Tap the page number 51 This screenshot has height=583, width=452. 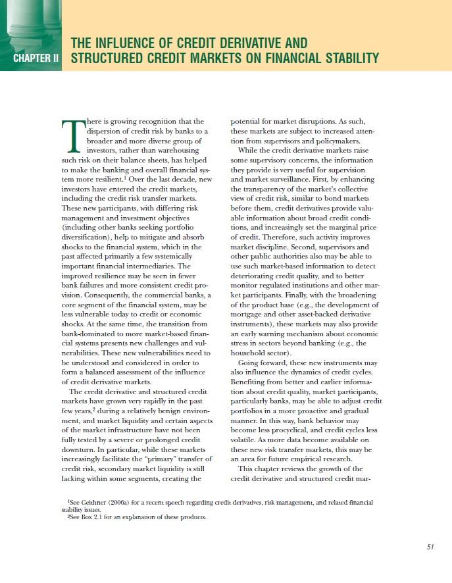click(x=432, y=545)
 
